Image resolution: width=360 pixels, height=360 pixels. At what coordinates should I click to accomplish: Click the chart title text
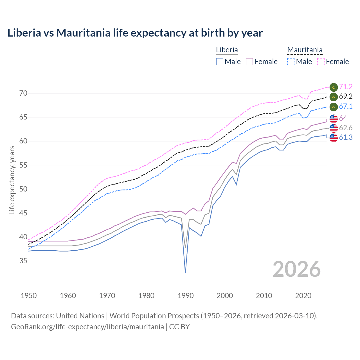point(135,33)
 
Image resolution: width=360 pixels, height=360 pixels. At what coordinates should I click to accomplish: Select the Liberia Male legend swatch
point(220,62)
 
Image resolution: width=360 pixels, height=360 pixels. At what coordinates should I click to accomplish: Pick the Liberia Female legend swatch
point(249,62)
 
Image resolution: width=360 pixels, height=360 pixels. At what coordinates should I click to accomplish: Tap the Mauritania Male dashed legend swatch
point(291,62)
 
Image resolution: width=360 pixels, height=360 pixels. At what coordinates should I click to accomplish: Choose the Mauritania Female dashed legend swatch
point(321,62)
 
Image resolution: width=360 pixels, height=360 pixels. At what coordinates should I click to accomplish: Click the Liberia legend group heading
point(227,50)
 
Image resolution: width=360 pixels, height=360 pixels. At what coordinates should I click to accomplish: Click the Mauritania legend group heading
point(305,50)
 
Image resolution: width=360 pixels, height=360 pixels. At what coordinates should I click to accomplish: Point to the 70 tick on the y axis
point(23,93)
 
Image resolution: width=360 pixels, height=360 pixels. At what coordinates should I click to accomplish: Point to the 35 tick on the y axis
point(23,261)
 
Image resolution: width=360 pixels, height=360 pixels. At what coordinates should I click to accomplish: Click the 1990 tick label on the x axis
point(186,296)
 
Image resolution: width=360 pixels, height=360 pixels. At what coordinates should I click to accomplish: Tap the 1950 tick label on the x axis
point(29,296)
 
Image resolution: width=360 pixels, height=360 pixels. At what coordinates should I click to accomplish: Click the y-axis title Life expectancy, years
point(12,180)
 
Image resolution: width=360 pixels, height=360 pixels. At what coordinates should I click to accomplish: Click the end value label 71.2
point(346,87)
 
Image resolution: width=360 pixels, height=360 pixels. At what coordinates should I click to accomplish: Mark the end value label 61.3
point(346,137)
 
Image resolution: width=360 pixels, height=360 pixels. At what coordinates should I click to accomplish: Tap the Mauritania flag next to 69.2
point(334,97)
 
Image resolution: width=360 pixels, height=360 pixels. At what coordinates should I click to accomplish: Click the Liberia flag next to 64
point(334,118)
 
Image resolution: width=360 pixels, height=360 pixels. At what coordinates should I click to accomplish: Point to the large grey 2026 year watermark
point(297,269)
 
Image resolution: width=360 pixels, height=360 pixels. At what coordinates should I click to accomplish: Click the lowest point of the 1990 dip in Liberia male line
point(185,273)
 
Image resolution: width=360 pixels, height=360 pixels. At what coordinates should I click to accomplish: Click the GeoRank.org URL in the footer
point(87,327)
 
